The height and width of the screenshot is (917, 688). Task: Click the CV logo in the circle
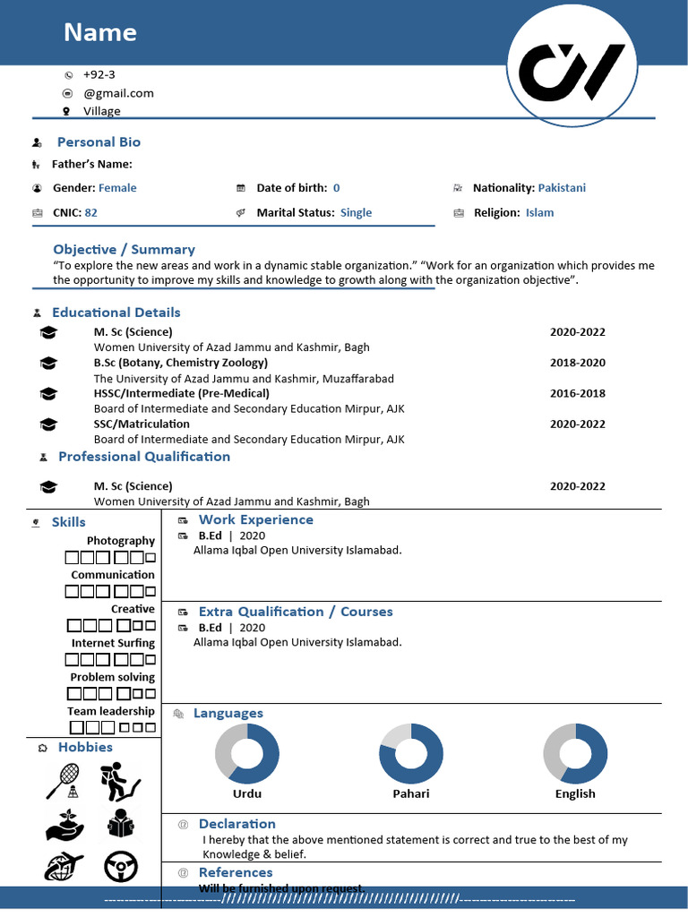(572, 73)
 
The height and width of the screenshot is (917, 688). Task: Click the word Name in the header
(100, 33)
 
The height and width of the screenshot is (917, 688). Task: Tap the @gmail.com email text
(118, 93)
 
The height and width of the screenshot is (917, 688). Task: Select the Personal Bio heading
(99, 142)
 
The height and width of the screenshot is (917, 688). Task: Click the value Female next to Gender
(117, 188)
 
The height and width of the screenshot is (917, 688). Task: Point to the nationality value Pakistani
(562, 188)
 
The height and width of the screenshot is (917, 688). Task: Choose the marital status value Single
(356, 213)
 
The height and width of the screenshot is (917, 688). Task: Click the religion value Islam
(539, 213)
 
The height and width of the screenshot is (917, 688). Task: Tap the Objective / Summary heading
(124, 250)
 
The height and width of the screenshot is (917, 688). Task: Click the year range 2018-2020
(577, 363)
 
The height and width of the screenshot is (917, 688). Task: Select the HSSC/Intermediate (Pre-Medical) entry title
(181, 393)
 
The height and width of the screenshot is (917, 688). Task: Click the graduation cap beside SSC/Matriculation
(48, 424)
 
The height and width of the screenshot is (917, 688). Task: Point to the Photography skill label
(120, 541)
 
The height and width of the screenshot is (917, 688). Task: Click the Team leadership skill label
(110, 711)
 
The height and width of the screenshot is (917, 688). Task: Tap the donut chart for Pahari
(411, 754)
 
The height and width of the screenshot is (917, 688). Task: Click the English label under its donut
(575, 794)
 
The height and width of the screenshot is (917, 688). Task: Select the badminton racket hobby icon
(63, 780)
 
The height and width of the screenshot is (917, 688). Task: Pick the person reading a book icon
(119, 823)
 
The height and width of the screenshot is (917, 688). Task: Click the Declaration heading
(236, 824)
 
